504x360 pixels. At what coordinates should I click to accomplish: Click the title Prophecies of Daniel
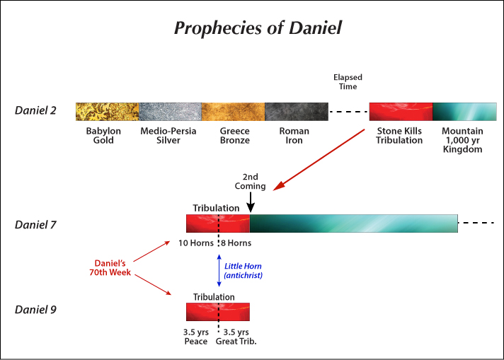(x=258, y=28)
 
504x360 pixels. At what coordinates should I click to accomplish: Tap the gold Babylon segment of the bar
(x=108, y=112)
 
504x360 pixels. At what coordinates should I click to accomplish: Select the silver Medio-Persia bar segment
(x=171, y=112)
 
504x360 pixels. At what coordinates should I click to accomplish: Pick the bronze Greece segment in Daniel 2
(x=234, y=112)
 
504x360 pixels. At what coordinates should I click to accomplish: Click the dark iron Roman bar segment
(x=297, y=112)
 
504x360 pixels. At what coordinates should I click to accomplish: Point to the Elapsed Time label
(x=348, y=82)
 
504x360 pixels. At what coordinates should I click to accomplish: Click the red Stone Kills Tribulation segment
(x=401, y=112)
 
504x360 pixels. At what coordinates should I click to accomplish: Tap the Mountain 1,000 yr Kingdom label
(x=462, y=140)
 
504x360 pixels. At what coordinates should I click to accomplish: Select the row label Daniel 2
(x=35, y=110)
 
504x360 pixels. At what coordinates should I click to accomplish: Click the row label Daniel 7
(x=35, y=225)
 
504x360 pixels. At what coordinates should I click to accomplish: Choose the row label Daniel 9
(x=35, y=310)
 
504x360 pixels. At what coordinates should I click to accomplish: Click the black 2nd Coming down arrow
(x=251, y=202)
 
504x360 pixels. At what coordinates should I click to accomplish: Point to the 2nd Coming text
(x=250, y=182)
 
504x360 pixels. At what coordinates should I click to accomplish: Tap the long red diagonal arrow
(x=319, y=160)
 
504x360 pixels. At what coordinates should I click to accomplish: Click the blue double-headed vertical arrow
(x=219, y=270)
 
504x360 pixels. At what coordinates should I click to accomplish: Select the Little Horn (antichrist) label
(x=243, y=271)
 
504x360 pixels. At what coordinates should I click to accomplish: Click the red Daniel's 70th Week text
(x=110, y=268)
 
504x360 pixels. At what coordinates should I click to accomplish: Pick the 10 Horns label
(x=196, y=243)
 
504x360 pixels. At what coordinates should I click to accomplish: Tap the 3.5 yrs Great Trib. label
(x=236, y=337)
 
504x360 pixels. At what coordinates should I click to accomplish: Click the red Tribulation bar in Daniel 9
(x=218, y=312)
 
